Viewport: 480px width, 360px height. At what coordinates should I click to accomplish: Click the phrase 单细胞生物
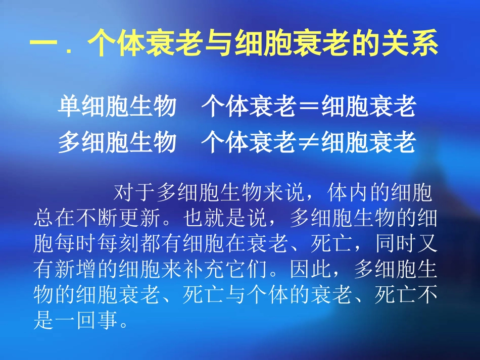click(117, 107)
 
